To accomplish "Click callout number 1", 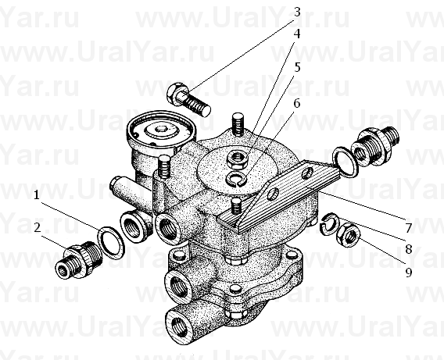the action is [x=36, y=195].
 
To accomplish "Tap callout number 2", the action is [x=38, y=228].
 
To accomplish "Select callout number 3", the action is [x=297, y=12].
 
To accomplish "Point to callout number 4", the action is [x=297, y=34].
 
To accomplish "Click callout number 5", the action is [x=297, y=68].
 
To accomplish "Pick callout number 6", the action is [x=297, y=104].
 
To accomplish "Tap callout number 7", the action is [x=408, y=228].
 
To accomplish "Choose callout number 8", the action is [x=408, y=249].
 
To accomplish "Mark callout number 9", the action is [x=408, y=273].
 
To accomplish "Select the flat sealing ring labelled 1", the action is [x=111, y=242].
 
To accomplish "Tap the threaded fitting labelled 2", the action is [x=79, y=259].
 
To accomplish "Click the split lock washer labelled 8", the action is [x=328, y=223].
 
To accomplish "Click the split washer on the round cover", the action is [x=237, y=179].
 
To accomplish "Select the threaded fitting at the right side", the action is [x=374, y=146].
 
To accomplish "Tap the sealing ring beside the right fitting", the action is [x=345, y=162].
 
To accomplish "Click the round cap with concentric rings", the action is [x=161, y=132].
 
